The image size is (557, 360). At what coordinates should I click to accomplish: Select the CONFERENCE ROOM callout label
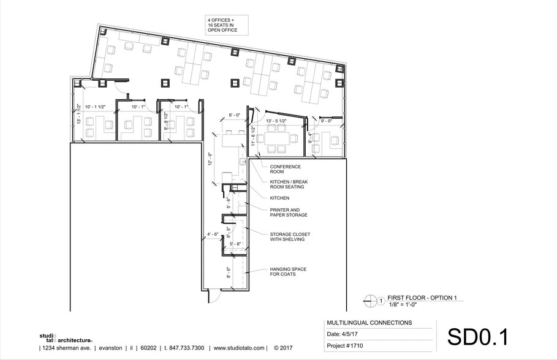click(285, 169)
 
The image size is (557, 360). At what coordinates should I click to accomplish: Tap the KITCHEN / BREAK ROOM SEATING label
click(289, 185)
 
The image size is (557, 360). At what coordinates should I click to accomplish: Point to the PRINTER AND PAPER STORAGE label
click(289, 212)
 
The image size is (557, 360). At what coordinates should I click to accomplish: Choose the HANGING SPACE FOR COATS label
click(288, 272)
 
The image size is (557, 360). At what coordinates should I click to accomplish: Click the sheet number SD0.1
click(477, 337)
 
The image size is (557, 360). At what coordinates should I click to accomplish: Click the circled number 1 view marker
click(381, 301)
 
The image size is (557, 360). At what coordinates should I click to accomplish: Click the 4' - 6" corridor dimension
click(213, 235)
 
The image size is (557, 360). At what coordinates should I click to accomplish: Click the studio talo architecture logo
click(65, 338)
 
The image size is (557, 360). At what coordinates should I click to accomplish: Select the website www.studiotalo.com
click(238, 348)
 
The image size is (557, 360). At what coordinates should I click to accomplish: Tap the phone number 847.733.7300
click(184, 348)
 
